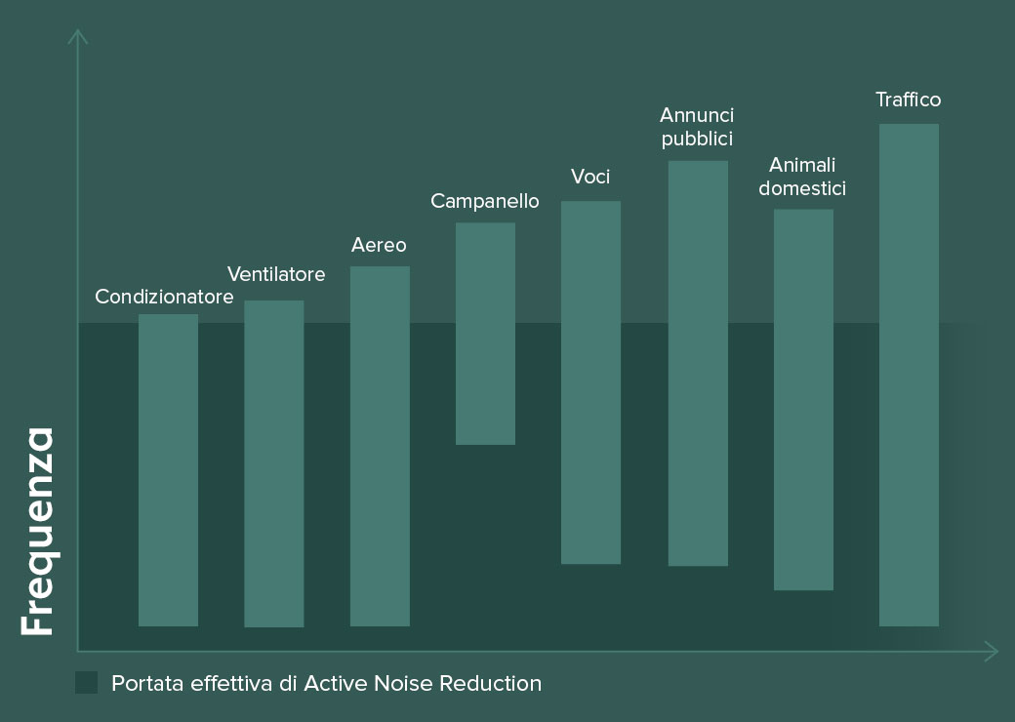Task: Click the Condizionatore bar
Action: coord(168,469)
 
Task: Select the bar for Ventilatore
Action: coord(273,463)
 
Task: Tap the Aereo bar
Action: coord(380,446)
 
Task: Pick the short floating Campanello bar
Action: coord(485,334)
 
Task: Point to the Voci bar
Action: coord(590,382)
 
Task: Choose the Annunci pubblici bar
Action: coord(698,363)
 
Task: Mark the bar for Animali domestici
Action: coord(803,399)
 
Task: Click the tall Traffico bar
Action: coord(909,375)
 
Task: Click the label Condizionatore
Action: coord(164,297)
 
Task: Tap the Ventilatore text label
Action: coord(276,274)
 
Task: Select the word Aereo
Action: coord(379,245)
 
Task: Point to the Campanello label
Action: coord(485,201)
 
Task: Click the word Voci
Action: coord(590,177)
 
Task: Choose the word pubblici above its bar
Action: coord(697,139)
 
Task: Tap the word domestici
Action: coord(802,188)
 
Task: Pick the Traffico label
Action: coord(908,100)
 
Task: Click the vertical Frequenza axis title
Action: coord(38,532)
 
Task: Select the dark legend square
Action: coord(86,683)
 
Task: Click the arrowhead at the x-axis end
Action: coord(993,651)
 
